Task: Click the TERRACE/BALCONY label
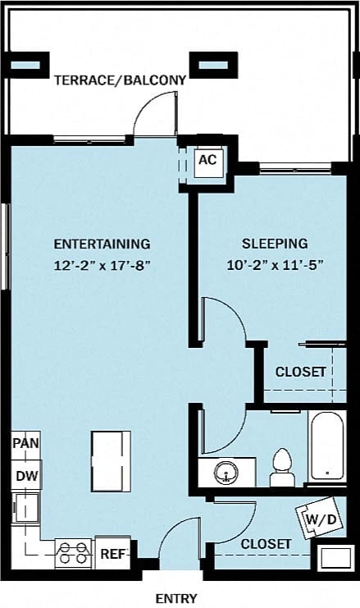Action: (x=120, y=80)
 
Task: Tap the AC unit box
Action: (x=207, y=159)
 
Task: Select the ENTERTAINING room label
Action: (x=102, y=244)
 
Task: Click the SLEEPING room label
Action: (x=275, y=244)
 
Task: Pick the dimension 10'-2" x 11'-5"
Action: (x=275, y=265)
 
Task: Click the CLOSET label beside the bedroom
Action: (x=300, y=372)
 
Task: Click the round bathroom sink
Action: (x=226, y=473)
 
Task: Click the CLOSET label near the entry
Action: (x=266, y=544)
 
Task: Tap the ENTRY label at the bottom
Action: (x=176, y=598)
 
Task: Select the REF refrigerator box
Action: (x=113, y=554)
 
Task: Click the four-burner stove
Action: (x=73, y=554)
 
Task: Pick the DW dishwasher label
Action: (x=26, y=476)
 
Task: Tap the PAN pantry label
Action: (x=26, y=443)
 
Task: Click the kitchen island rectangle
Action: (x=111, y=458)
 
